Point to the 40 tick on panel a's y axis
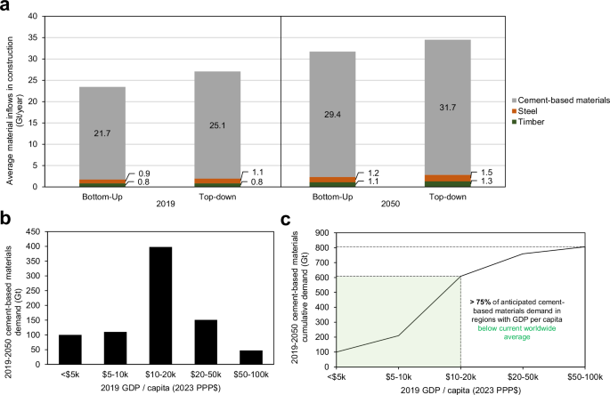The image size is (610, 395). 47,17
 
